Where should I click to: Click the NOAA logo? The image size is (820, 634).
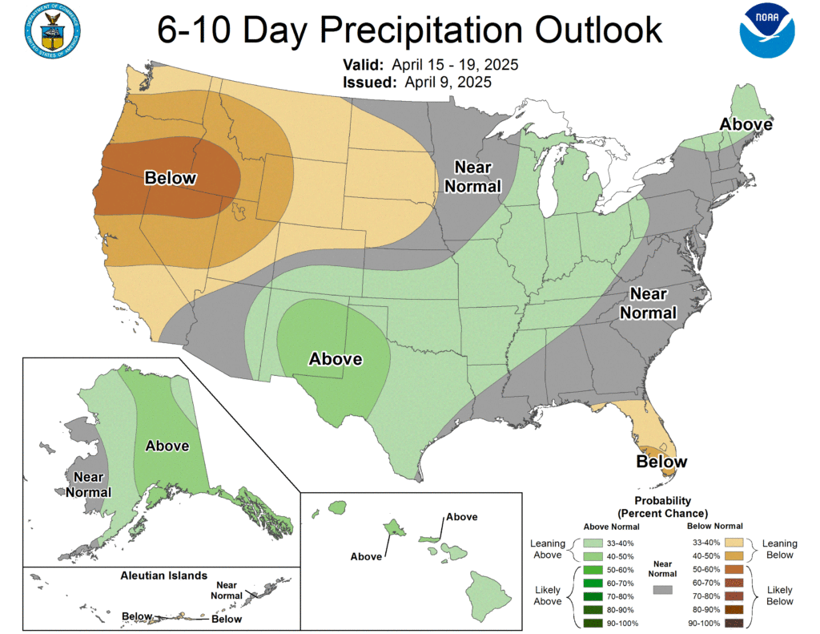point(767,31)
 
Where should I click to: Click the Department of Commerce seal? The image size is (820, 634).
point(53,31)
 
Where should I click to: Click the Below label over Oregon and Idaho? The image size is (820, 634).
point(170,178)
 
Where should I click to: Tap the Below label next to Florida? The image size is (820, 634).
point(661,462)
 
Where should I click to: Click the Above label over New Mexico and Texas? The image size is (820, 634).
point(336,359)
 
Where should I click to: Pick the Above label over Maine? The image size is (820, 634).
point(746,124)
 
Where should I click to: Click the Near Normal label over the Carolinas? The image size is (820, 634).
point(653,303)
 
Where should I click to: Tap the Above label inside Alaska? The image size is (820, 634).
point(167,446)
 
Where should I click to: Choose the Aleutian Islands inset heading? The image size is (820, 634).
point(163,575)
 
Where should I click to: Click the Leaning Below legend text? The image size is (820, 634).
point(778,549)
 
